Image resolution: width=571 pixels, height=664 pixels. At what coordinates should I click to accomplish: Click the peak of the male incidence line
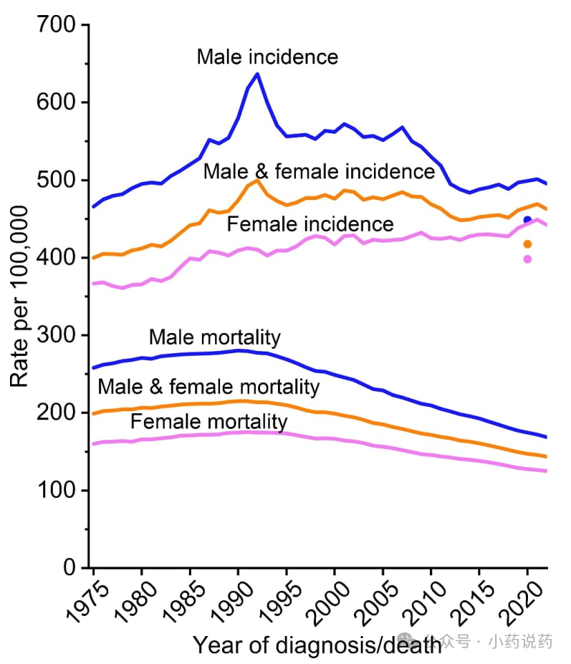257,74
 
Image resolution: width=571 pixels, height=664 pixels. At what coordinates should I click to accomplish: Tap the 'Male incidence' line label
267,56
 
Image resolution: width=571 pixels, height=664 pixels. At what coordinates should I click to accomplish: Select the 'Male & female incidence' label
319,172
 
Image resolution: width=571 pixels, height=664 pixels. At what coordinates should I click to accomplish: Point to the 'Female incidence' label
310,224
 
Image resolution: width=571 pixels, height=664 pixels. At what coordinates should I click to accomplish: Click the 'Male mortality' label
214,337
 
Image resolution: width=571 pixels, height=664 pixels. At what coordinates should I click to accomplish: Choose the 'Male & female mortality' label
208,388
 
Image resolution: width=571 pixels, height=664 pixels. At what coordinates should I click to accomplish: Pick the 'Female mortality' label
208,422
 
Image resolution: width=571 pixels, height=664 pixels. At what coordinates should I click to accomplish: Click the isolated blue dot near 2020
528,220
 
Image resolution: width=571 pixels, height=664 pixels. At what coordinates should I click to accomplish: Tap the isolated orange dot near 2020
528,244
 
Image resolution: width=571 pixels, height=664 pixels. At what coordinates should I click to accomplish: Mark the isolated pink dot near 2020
528,259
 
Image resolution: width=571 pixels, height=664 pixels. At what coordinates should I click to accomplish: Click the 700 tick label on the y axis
57,26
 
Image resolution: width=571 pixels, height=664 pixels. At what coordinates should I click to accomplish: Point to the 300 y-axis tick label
57,335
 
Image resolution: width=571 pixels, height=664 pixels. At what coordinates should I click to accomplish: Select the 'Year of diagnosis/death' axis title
317,645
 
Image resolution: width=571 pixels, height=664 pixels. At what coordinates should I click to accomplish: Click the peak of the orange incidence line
257,180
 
